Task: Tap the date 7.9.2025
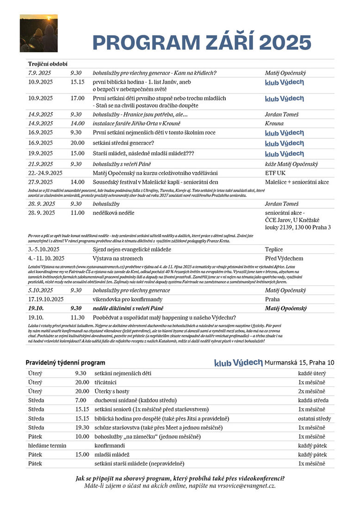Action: [x=40, y=73]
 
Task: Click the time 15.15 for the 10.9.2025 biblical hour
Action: [x=77, y=82]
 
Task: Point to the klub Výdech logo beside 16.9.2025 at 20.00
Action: [x=284, y=143]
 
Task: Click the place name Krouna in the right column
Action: [x=274, y=124]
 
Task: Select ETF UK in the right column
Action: [x=275, y=173]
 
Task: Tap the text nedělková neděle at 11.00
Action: [x=113, y=213]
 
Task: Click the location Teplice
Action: [x=274, y=249]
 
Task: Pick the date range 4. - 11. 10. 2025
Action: [x=46, y=258]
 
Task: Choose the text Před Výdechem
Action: [x=284, y=258]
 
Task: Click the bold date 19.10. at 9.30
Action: [x=36, y=308]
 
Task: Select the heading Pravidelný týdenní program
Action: [x=65, y=363]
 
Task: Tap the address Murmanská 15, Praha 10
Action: [x=299, y=362]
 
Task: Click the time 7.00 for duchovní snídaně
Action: [x=80, y=400]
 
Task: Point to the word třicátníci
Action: [x=105, y=382]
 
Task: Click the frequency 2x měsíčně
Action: [x=312, y=391]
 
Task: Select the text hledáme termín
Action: [x=47, y=446]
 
